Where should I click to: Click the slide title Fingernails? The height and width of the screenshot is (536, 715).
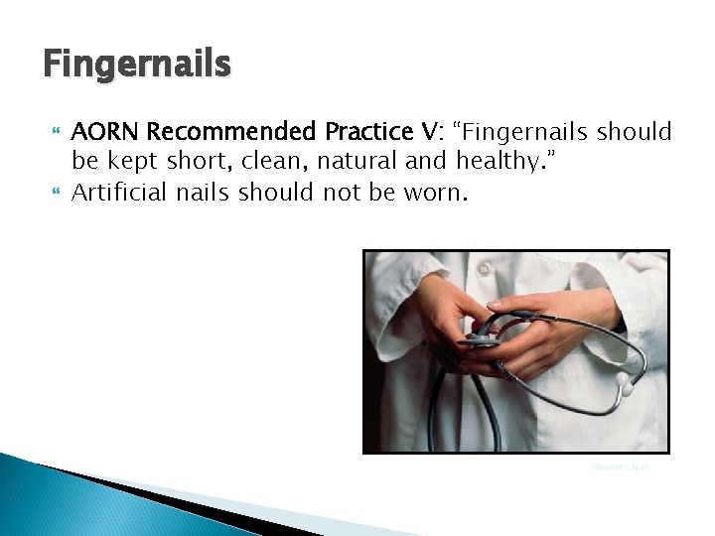tap(137, 66)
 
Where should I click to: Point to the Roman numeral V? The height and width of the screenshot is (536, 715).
tap(430, 131)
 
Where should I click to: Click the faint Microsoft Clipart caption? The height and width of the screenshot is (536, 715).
tap(619, 467)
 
